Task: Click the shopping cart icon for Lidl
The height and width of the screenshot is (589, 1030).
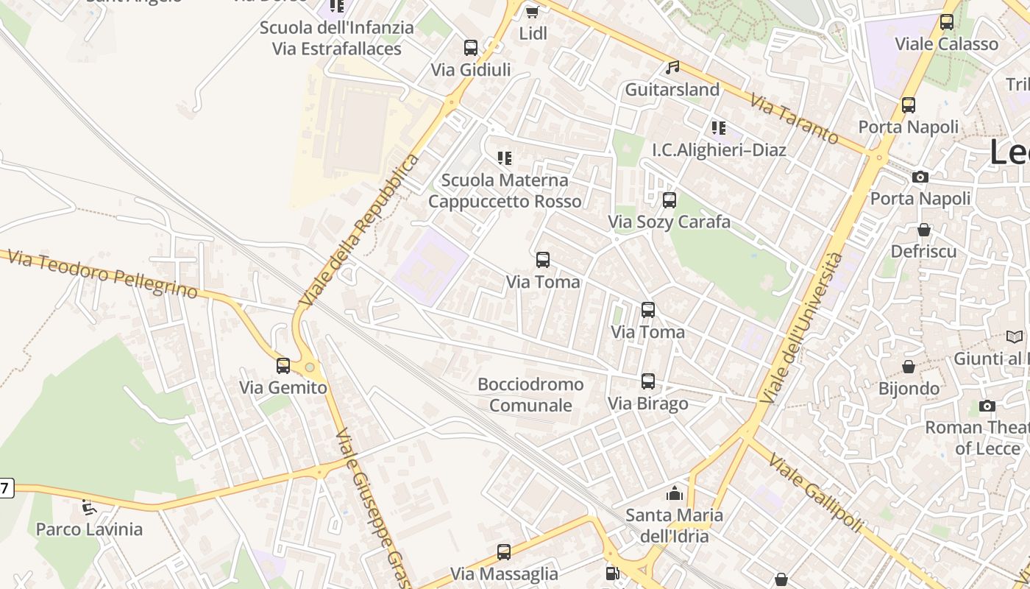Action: click(x=533, y=12)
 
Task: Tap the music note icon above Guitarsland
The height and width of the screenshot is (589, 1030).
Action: click(x=672, y=68)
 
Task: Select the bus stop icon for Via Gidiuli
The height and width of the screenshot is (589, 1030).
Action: click(x=471, y=48)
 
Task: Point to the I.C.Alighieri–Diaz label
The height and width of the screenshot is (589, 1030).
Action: click(x=719, y=150)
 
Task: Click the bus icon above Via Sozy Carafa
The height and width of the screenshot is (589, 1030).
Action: click(x=669, y=200)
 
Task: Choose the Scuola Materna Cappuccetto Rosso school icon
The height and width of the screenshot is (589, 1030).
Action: click(x=505, y=158)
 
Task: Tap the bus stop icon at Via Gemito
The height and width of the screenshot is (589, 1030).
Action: click(x=283, y=366)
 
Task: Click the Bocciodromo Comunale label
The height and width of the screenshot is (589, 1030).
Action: click(x=530, y=395)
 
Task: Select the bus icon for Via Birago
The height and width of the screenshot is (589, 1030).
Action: click(x=648, y=381)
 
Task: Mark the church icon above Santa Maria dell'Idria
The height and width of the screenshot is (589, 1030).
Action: click(x=675, y=493)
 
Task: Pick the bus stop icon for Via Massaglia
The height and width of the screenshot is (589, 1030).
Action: click(x=504, y=552)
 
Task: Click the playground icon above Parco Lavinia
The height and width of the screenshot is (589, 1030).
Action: click(x=88, y=507)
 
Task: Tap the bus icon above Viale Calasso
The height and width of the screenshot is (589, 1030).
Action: click(x=947, y=22)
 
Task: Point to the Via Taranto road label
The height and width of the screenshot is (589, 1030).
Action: click(x=794, y=119)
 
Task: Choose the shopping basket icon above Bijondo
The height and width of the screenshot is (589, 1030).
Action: click(x=909, y=367)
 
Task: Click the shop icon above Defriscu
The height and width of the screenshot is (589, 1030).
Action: click(x=924, y=230)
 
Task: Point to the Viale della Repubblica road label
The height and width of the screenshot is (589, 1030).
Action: click(x=360, y=230)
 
